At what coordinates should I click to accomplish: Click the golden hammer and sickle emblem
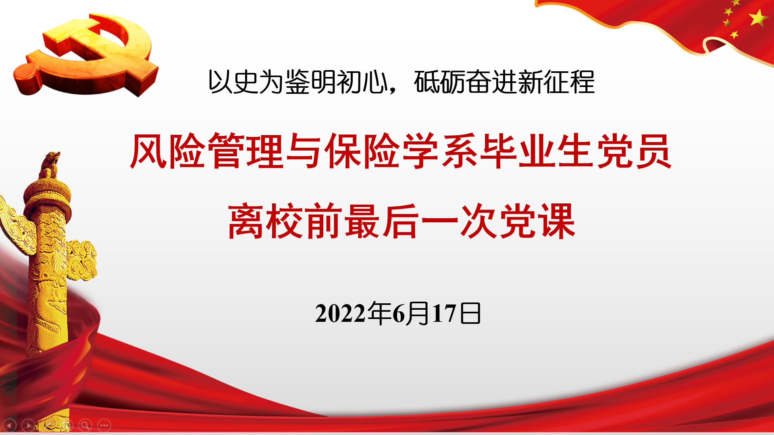point(85,54)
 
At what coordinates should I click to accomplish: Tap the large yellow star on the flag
point(758,18)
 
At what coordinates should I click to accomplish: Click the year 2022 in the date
point(341,313)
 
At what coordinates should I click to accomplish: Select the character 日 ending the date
point(470,313)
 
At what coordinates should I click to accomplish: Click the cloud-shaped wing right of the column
point(82,260)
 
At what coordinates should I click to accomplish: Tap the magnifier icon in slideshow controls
point(85,425)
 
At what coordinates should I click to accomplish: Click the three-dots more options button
point(104,425)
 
